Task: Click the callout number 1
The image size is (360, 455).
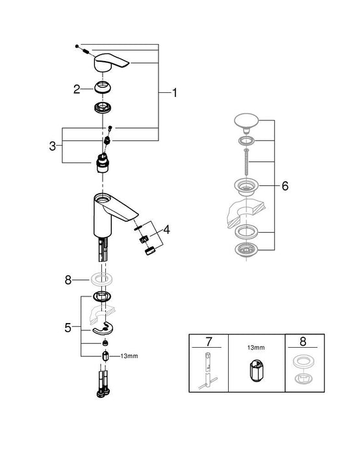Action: pos(174,94)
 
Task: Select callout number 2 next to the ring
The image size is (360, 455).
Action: pos(77,89)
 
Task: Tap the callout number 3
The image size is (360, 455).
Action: pos(52,146)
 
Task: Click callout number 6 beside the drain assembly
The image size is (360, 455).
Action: pos(285,186)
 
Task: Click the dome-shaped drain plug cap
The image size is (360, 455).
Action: pos(247,123)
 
